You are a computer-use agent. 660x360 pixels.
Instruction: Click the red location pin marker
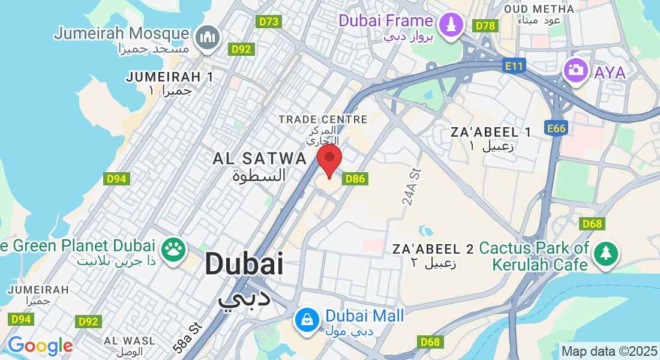pos(329,160)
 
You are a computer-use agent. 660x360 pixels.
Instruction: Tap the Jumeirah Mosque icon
pos(208,36)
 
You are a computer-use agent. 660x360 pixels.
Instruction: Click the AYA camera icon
pos(575,70)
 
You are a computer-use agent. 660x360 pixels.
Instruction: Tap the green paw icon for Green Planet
pos(174,250)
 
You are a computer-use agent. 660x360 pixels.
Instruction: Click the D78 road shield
pos(485,26)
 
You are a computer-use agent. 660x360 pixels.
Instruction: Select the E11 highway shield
pos(514,66)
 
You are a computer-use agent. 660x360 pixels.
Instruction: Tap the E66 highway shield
pos(556,128)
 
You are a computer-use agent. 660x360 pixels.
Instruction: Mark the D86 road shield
pos(355,179)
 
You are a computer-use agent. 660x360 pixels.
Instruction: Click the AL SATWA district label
pos(260,159)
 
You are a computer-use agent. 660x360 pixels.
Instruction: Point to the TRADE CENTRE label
pos(323,120)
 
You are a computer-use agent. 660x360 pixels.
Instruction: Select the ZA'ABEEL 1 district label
pos(490,132)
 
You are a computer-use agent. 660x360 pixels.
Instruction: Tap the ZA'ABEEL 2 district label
pos(433,248)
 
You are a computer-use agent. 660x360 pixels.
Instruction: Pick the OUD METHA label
pos(538,9)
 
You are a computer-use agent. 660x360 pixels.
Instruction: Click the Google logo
pos(40,346)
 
